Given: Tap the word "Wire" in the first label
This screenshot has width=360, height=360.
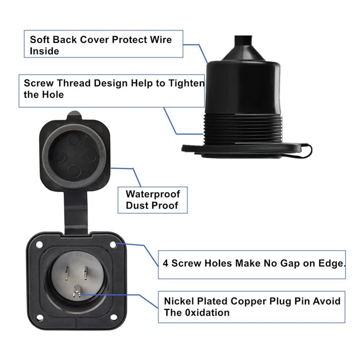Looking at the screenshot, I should pos(158,39).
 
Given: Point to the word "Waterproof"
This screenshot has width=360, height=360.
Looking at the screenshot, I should pos(153,194).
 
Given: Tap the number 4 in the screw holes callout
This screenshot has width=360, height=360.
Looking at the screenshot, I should pos(166,263).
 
